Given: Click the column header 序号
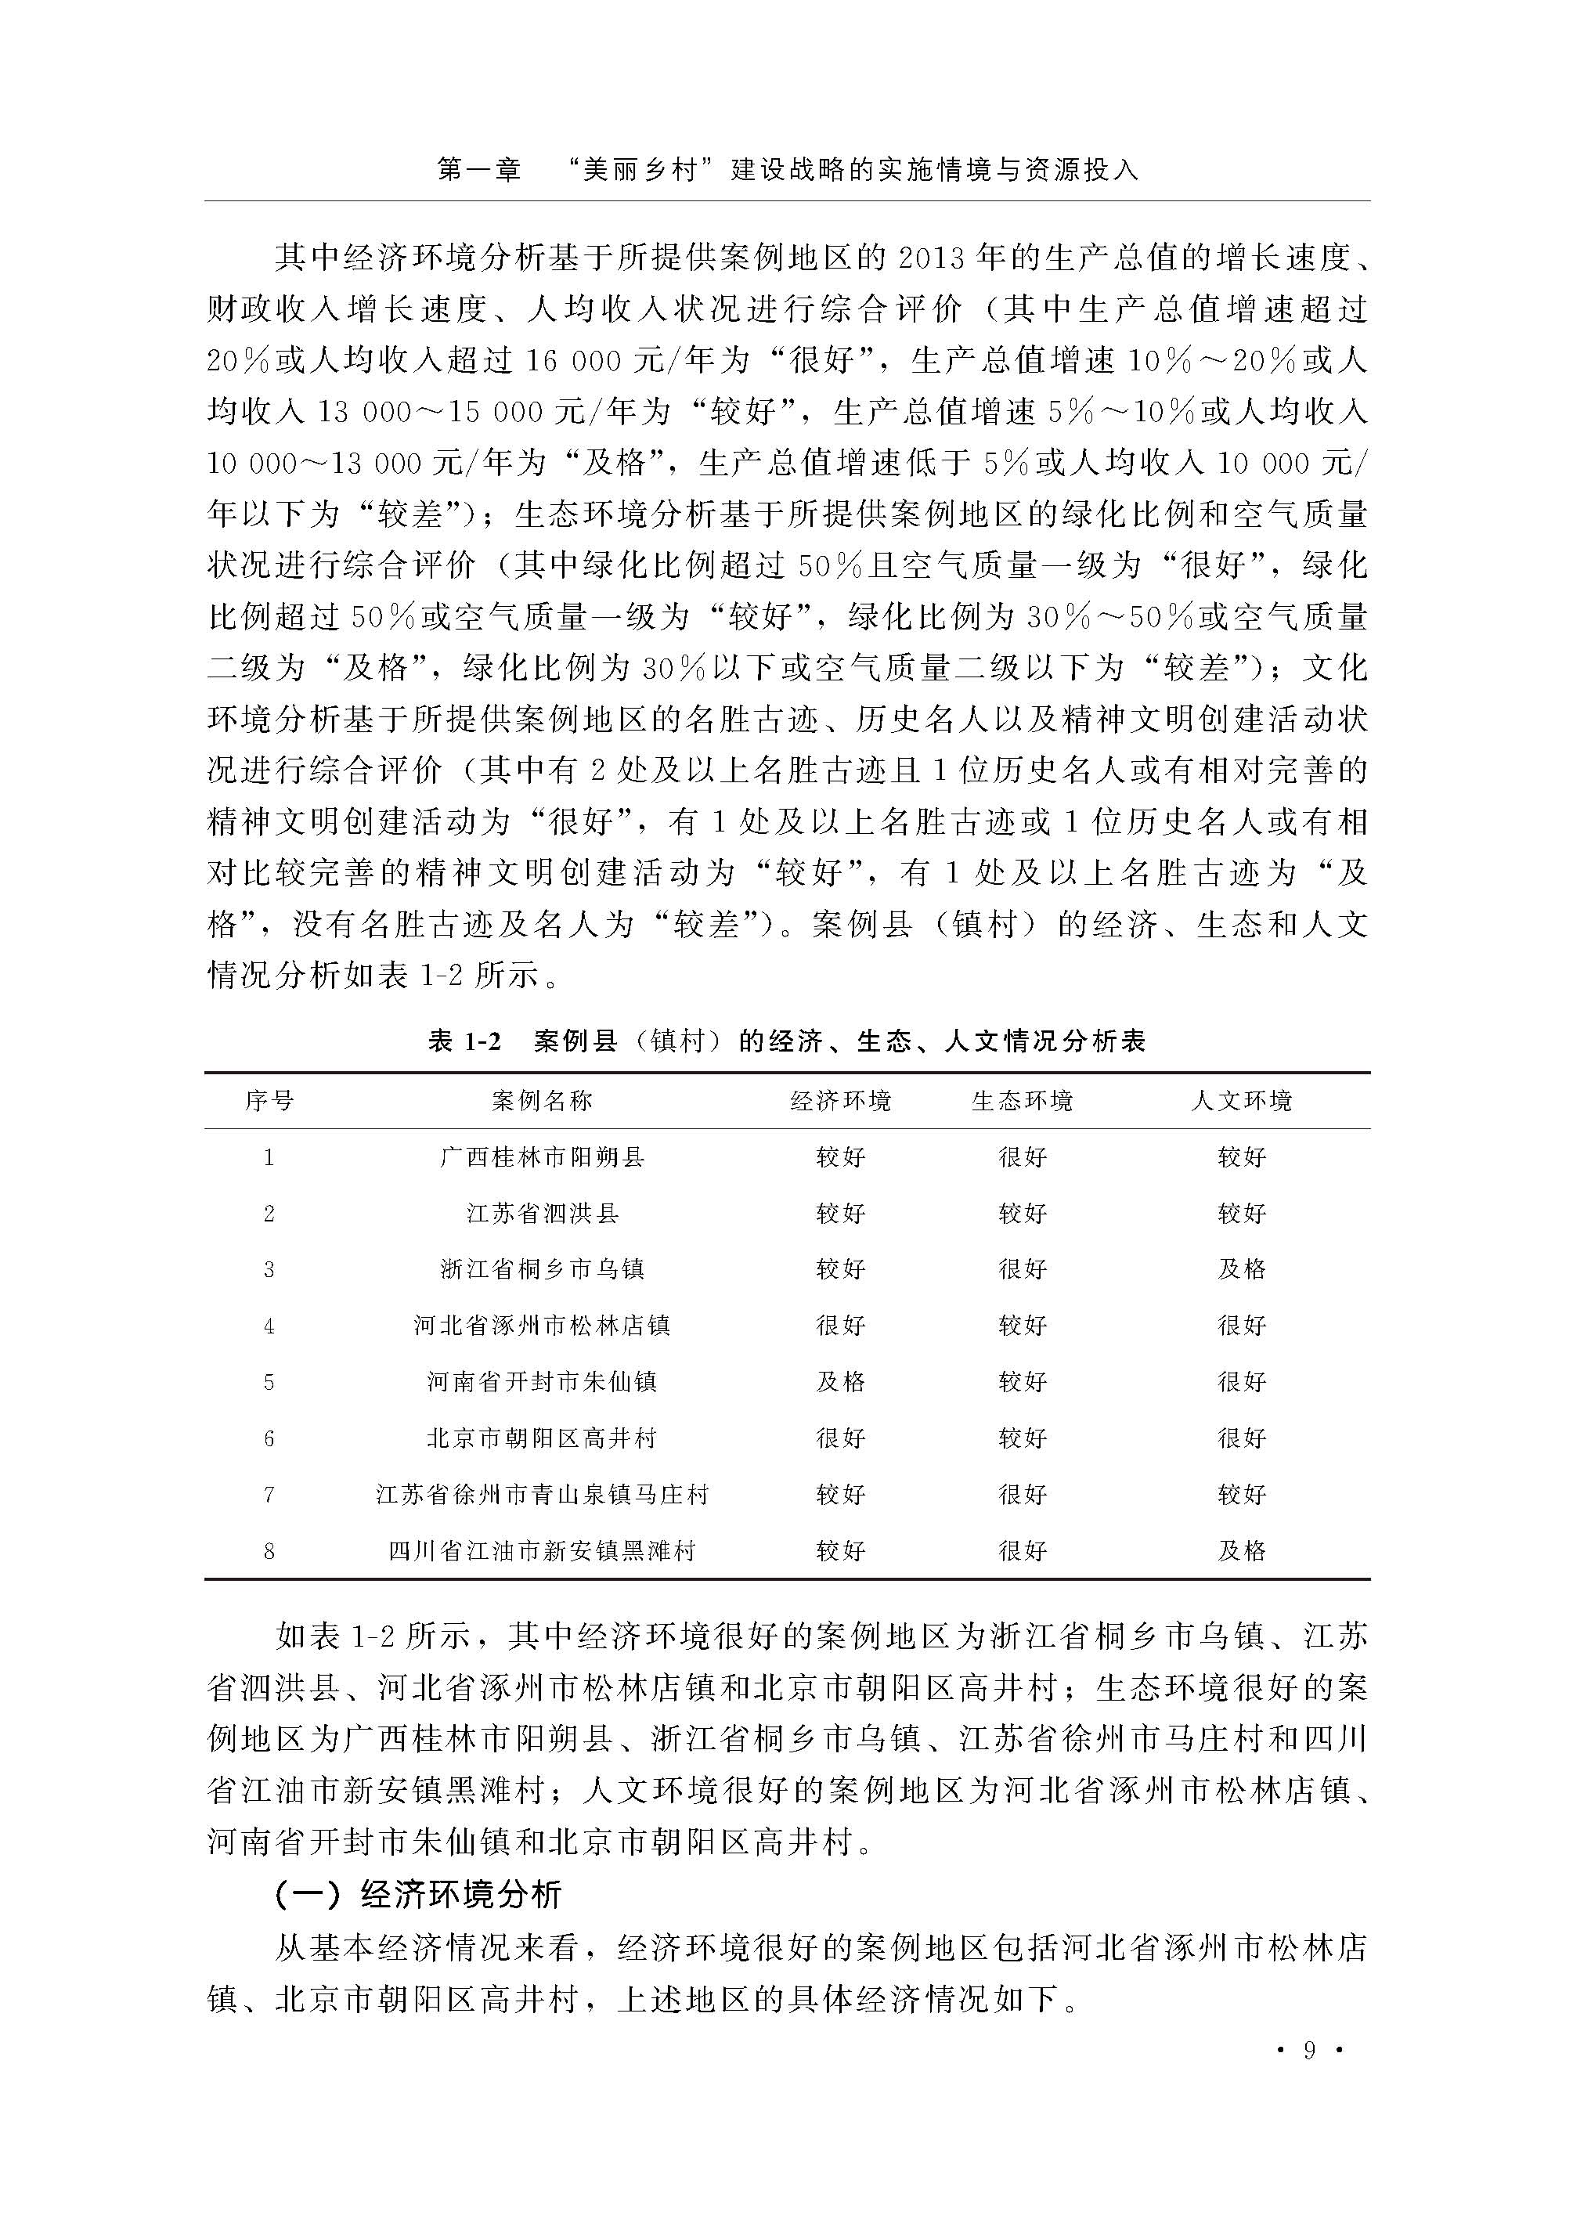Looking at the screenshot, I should coord(269,1100).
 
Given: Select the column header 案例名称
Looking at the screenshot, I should coord(542,1100).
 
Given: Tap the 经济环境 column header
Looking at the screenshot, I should coord(840,1100).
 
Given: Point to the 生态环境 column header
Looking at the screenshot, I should coord(1022,1100).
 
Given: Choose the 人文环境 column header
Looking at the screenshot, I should coord(1241,1100).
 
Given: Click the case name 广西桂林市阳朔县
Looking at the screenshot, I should coord(542,1156).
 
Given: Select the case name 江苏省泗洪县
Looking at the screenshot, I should coord(542,1213).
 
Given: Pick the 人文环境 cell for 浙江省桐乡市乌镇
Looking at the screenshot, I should coord(1241,1268).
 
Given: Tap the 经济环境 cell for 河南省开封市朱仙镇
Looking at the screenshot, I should coord(840,1381).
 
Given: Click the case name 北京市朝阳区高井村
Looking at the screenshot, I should coord(542,1438).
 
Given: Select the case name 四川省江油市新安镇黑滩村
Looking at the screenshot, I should coord(542,1550).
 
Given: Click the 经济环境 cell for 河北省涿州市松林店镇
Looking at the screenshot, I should coord(840,1325).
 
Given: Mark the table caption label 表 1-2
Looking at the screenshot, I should coord(465,1041).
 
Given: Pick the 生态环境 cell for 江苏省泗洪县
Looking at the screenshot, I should coord(1022,1213).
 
